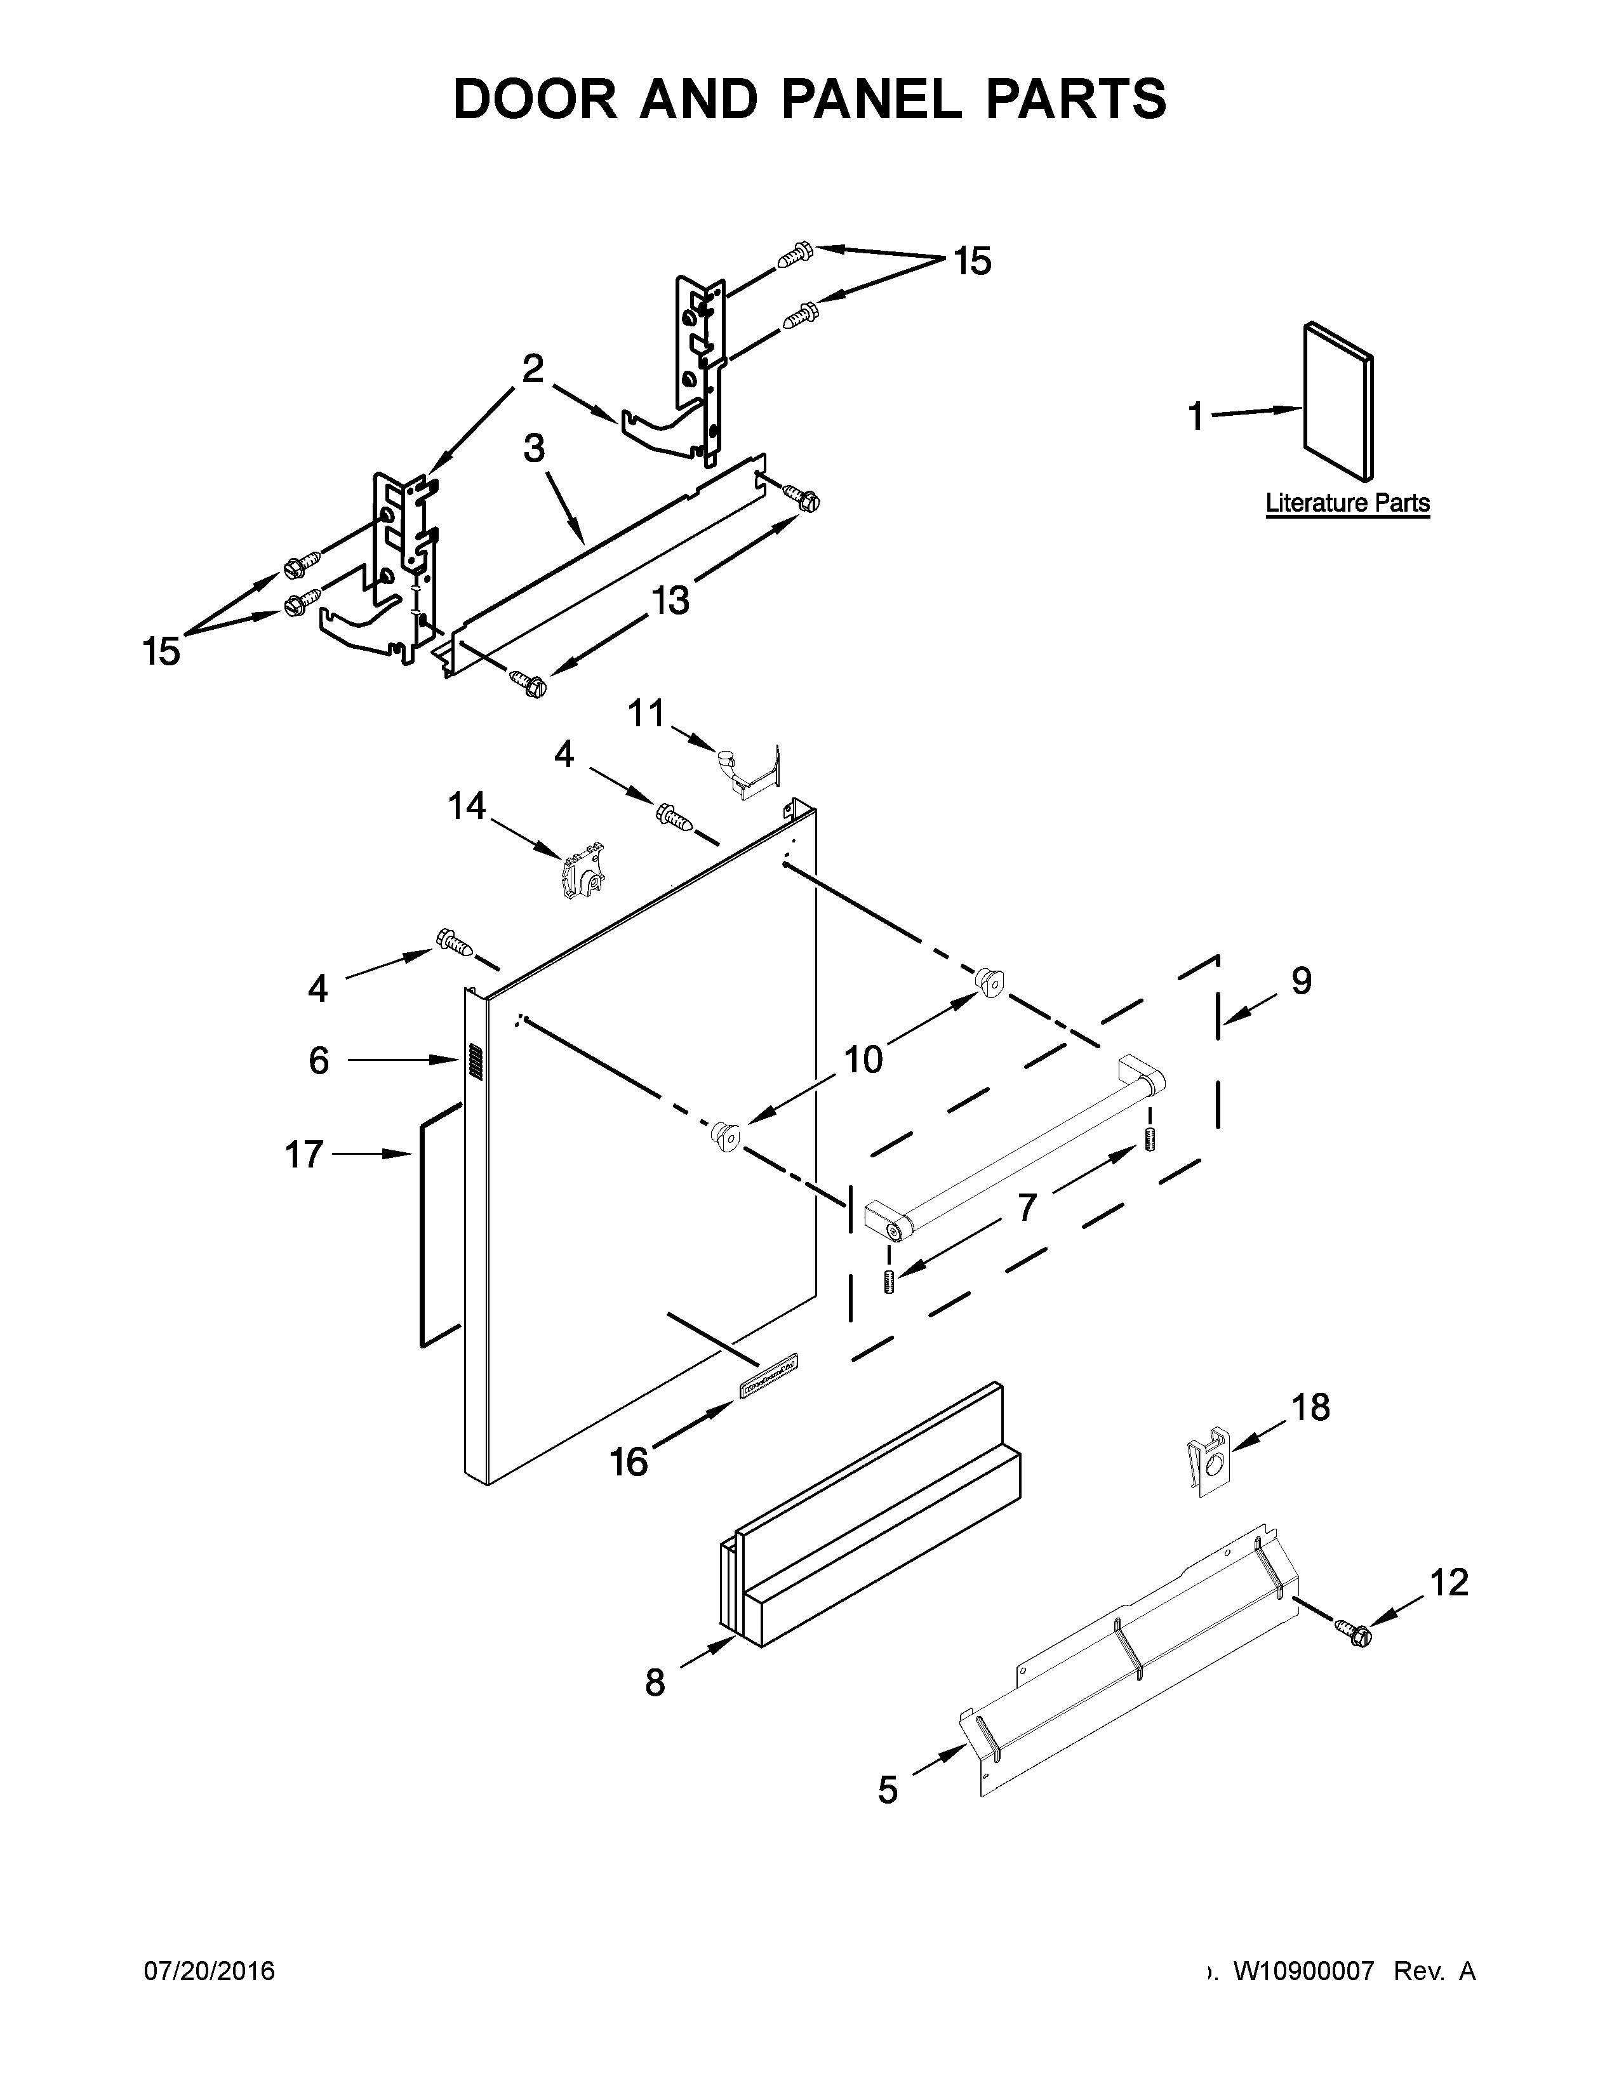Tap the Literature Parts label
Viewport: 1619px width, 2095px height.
point(1347,503)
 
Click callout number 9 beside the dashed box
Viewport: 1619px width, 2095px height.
point(1300,980)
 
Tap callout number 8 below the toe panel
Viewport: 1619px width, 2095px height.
point(655,1682)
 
